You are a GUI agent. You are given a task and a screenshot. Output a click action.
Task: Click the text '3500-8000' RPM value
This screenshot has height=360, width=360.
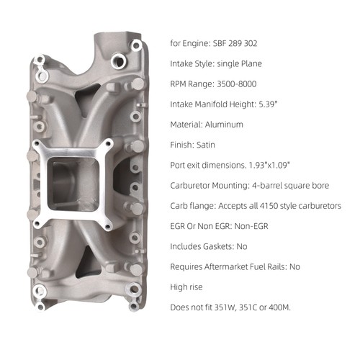[237, 84]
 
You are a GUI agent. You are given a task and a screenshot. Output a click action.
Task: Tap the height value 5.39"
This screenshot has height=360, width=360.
[268, 104]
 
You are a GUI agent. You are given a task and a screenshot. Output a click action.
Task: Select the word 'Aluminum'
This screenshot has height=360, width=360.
[224, 125]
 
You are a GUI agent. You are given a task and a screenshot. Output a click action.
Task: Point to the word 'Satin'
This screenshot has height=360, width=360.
[206, 145]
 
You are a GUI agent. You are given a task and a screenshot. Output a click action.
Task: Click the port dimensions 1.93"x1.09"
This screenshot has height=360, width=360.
[269, 165]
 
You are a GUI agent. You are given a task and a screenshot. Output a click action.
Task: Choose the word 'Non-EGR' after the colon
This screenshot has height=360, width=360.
[251, 226]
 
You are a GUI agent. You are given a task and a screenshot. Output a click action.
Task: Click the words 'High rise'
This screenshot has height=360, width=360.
[186, 287]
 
